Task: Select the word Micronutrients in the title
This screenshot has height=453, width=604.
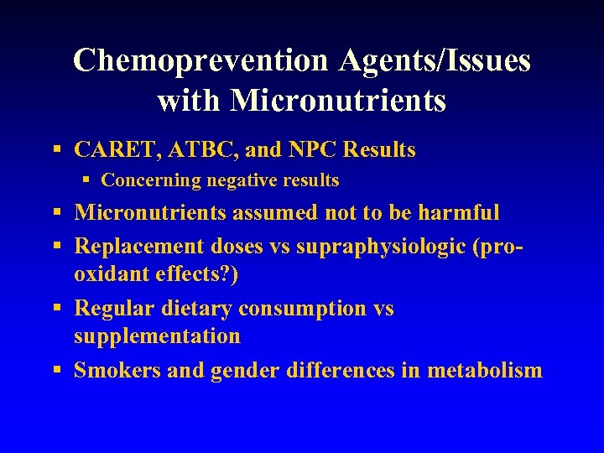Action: tap(337, 101)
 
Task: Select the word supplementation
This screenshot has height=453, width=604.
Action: tap(157, 336)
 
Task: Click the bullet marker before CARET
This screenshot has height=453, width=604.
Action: tap(56, 151)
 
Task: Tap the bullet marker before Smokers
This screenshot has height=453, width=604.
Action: tap(56, 371)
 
